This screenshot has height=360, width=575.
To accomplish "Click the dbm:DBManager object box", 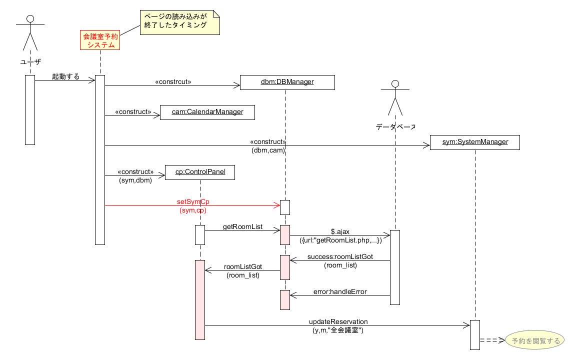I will [x=287, y=82].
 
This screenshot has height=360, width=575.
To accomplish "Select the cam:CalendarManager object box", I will [x=207, y=112].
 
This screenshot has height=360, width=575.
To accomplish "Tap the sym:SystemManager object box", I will [x=475, y=142].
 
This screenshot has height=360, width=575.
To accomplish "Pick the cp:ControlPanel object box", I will [x=200, y=172].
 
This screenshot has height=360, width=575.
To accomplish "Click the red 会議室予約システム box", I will [x=101, y=40].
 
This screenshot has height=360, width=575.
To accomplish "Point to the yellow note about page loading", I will [x=179, y=22].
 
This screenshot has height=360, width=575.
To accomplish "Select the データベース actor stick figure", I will [x=395, y=97].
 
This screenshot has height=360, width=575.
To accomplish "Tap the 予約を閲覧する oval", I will [x=535, y=341].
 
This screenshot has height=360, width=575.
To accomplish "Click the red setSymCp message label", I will [x=193, y=201].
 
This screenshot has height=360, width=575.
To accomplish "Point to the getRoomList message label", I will [x=242, y=227].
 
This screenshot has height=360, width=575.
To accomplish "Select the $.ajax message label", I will [x=340, y=232].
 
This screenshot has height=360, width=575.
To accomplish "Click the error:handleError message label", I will [x=340, y=291].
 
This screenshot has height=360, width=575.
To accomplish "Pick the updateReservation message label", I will [x=338, y=321].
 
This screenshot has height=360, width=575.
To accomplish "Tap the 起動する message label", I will [x=65, y=76].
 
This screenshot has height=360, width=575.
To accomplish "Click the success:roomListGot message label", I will [x=340, y=257].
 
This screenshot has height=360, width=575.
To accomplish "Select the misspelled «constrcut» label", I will [x=173, y=81].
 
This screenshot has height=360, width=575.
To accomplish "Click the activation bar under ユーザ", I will [x=30, y=110].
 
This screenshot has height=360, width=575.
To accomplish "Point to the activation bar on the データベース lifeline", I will [x=395, y=267].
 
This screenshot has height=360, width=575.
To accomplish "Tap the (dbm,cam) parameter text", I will [x=268, y=149].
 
